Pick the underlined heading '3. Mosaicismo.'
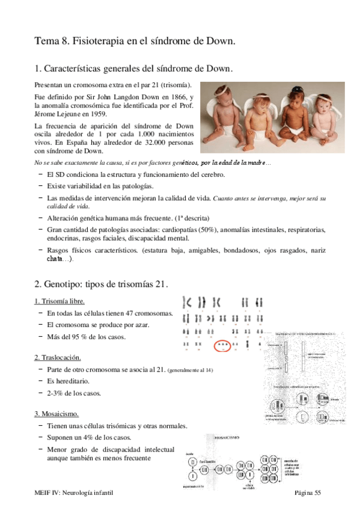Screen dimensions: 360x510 click(x=56, y=414)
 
